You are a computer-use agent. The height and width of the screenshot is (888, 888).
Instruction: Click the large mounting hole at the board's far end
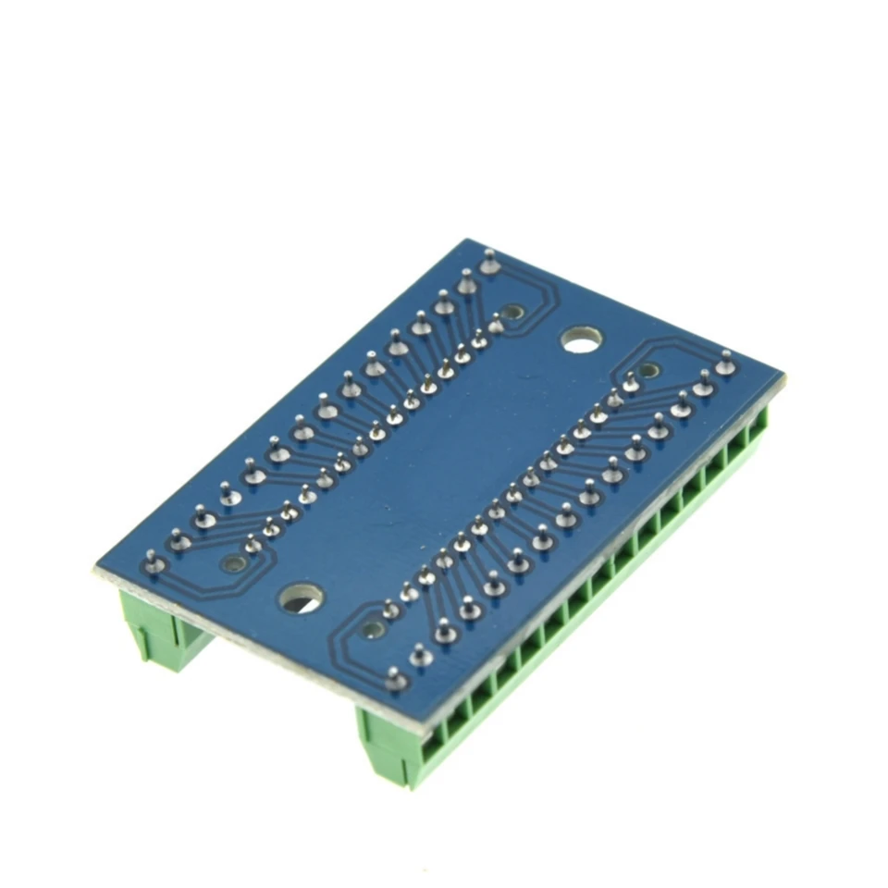(x=581, y=340)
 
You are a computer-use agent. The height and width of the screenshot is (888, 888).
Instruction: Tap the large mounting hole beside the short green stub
(x=301, y=598)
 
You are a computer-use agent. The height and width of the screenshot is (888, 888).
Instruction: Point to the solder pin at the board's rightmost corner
(x=726, y=364)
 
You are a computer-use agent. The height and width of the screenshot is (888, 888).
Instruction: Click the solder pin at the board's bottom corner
(x=397, y=681)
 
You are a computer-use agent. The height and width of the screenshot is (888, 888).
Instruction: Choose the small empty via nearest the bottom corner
(x=373, y=630)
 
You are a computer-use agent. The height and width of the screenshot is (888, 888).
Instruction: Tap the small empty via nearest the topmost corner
(x=514, y=313)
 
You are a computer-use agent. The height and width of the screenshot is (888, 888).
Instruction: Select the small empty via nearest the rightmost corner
(x=649, y=370)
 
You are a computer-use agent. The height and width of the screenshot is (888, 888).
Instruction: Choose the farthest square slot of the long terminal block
(x=758, y=425)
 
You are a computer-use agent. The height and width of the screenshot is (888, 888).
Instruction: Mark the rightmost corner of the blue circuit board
(x=783, y=377)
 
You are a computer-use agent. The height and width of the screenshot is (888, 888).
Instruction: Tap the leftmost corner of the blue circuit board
(x=95, y=566)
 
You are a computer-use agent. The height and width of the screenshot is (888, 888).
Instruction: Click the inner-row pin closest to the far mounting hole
(x=496, y=325)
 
